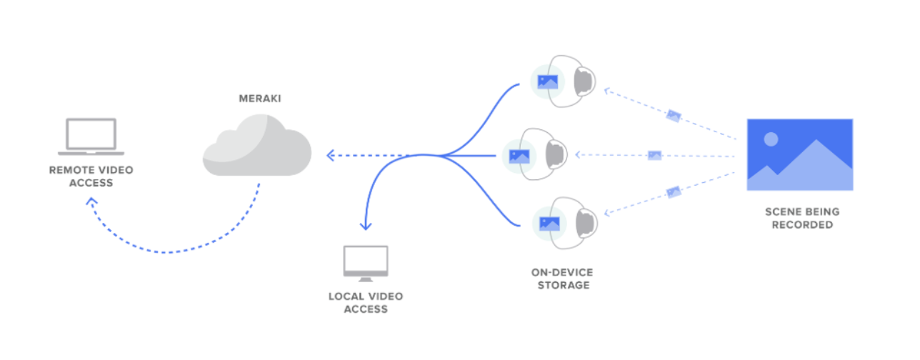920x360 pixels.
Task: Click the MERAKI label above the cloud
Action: [259, 99]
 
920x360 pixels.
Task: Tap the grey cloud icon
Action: [257, 146]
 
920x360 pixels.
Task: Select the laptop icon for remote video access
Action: [91, 137]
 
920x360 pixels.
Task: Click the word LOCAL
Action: [346, 296]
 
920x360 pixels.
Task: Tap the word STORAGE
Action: [561, 285]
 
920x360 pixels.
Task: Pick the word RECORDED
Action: [799, 224]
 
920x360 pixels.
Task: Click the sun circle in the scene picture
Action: [770, 140]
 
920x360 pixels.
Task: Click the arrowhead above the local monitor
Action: [366, 226]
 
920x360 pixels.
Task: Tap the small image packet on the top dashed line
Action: [673, 116]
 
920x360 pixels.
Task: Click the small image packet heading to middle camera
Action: [654, 155]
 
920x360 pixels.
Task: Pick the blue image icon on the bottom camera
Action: [548, 222]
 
